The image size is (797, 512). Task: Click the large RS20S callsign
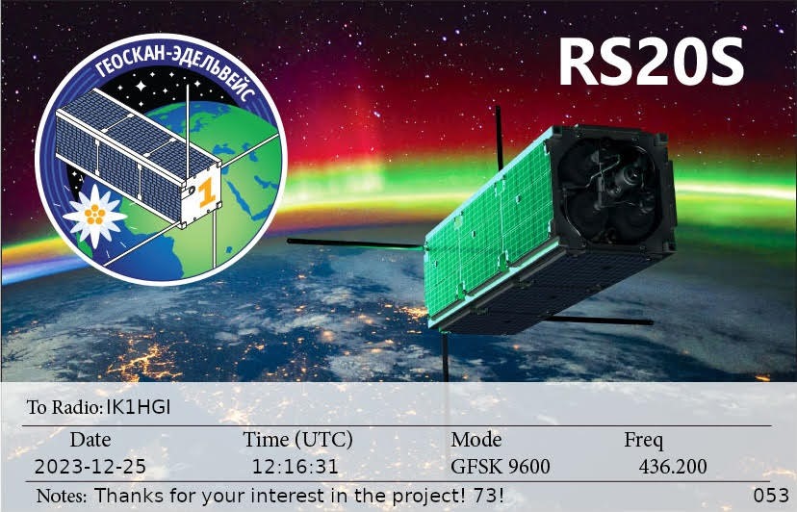pos(651,63)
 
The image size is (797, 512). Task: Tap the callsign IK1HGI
pos(139,407)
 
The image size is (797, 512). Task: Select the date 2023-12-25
pos(90,466)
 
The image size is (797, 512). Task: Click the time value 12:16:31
pos(296,466)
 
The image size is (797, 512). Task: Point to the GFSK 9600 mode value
pos(501,466)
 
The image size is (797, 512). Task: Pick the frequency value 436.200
pos(673,466)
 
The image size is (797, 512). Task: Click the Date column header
pos(90,439)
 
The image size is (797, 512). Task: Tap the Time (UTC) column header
pos(297,439)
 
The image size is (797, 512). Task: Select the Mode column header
pos(476,439)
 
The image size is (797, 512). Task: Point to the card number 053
pos(771,496)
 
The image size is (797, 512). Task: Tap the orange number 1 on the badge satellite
pos(206,193)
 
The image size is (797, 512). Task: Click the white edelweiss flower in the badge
pos(95,215)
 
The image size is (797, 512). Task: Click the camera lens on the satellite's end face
pos(631,176)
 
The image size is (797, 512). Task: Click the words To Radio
pos(65,407)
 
